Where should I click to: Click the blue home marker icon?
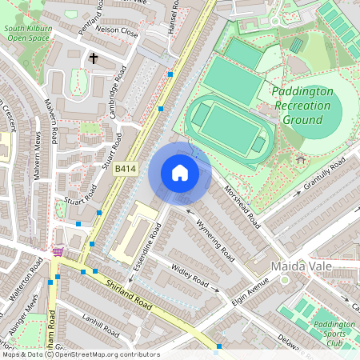point(180,173)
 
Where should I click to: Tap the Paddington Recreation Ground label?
point(302,106)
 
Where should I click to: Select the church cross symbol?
point(94,58)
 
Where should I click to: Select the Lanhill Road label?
point(99,324)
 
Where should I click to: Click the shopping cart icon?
point(58,251)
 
